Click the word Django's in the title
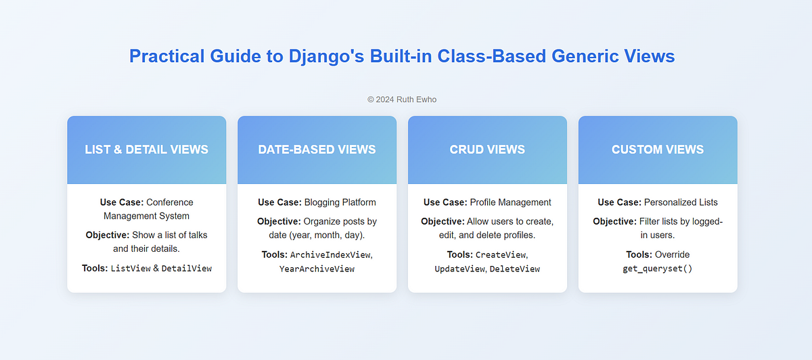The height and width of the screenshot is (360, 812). coord(326,57)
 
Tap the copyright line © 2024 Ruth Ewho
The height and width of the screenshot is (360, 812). coord(402,99)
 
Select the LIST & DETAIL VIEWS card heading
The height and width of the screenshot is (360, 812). coord(146,150)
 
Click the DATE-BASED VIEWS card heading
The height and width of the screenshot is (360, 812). coord(317,150)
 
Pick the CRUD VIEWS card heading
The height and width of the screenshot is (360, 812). coord(487,150)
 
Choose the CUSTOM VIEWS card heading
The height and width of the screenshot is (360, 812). coord(658,150)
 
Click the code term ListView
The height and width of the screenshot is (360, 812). coord(131,268)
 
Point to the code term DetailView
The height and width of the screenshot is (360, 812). coord(187,268)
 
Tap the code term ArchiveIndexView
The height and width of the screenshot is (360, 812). coord(330,255)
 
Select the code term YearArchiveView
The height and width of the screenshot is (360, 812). coord(317,269)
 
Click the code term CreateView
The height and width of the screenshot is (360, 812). coord(501,255)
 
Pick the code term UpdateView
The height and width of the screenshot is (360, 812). coord(459,269)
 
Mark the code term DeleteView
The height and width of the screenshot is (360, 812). coord(515,269)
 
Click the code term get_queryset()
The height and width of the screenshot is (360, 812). coord(658,269)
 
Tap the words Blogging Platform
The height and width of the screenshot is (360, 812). coord(340,202)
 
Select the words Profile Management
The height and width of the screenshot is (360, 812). coord(510,202)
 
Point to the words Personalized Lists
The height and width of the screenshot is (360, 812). coord(681,202)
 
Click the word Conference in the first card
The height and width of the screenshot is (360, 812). coord(170,202)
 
